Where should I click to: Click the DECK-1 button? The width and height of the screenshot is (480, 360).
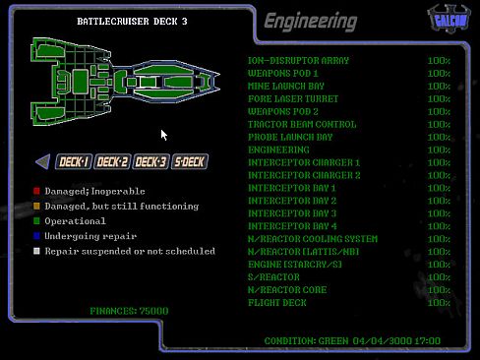[74, 162]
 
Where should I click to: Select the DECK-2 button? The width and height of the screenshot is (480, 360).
[112, 162]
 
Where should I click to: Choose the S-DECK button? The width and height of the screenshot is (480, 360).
[188, 162]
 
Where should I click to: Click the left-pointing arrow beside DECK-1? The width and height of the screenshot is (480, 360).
[42, 162]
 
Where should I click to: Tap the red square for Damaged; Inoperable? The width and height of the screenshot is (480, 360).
[36, 191]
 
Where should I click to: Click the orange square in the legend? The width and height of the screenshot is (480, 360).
[36, 207]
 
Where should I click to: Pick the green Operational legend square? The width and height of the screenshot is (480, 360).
[36, 221]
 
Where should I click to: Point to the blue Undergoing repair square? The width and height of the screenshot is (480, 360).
[36, 236]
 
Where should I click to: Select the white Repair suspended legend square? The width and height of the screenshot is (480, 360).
[36, 251]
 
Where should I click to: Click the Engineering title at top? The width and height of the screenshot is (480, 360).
[310, 21]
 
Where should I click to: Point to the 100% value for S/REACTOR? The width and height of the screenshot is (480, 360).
[439, 277]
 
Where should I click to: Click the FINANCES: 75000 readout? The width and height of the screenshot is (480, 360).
[129, 311]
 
